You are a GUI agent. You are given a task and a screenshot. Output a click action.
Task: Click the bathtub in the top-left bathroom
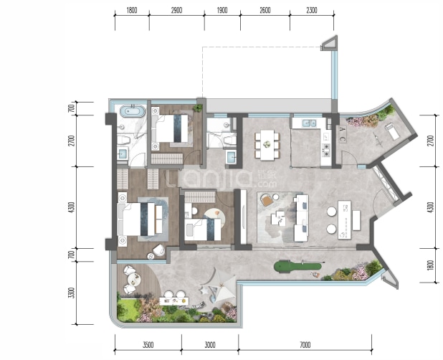click(x=133, y=111)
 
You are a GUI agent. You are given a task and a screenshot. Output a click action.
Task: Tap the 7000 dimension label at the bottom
click(x=305, y=345)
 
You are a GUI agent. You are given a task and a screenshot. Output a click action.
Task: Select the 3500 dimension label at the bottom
click(x=148, y=345)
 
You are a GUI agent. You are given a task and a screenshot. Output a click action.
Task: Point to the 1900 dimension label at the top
click(x=222, y=11)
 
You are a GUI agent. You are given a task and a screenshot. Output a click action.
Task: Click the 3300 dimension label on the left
click(x=72, y=293)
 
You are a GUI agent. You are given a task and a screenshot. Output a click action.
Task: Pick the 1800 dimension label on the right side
click(x=430, y=265)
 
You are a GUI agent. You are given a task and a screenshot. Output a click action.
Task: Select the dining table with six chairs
click(x=267, y=145)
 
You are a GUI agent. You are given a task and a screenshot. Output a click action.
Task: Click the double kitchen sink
click(x=309, y=123)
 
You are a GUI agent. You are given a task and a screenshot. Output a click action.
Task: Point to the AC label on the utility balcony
click(x=342, y=134)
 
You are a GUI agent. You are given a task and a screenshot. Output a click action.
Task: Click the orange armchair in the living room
click(x=267, y=200)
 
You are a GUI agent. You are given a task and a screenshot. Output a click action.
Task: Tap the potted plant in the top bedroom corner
click(x=198, y=108)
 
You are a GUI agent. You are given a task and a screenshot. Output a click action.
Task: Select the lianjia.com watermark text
click(x=222, y=179)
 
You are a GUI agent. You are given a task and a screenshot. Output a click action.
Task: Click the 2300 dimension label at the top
click(x=312, y=11)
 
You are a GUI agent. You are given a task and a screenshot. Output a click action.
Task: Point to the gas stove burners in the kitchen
click(x=326, y=150)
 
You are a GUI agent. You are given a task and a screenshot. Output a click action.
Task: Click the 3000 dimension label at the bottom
click(x=210, y=345)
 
